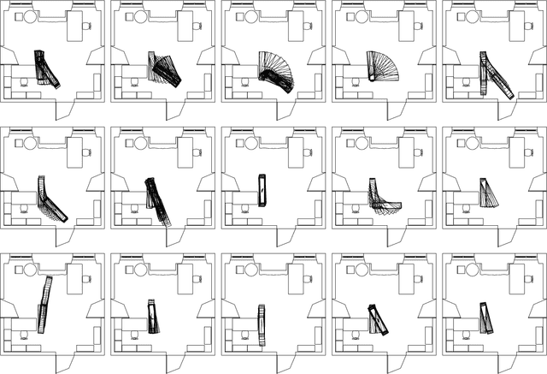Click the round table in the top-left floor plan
30,17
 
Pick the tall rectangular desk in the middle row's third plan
294,151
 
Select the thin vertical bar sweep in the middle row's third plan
262,190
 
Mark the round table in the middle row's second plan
140,143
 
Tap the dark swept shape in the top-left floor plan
44,68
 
